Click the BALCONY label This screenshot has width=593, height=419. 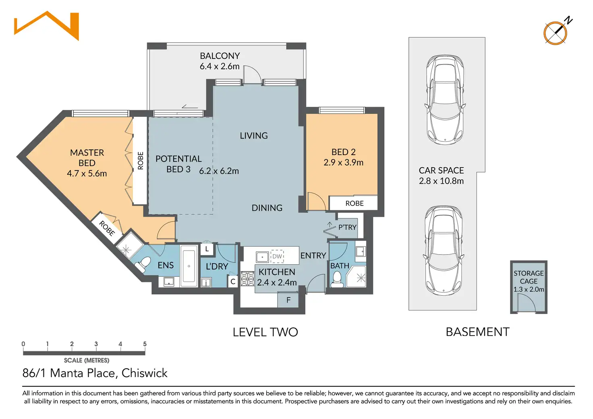(220, 56)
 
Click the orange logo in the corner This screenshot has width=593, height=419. (47, 26)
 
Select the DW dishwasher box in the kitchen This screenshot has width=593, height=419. (277, 256)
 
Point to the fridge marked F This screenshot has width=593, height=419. (288, 300)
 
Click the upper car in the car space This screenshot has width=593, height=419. (445, 100)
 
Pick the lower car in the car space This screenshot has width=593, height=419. (444, 251)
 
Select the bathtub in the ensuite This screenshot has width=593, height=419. (189, 266)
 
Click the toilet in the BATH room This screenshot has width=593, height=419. (337, 279)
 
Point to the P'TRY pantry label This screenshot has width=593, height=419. (347, 227)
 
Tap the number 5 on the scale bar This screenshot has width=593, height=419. (145, 344)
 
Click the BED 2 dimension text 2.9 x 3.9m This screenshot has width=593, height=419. (343, 162)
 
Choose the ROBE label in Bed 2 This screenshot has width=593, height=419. (355, 203)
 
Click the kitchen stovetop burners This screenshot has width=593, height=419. (247, 279)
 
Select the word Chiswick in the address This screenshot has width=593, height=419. (144, 373)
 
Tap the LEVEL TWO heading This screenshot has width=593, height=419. (265, 332)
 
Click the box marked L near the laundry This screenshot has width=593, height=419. (207, 249)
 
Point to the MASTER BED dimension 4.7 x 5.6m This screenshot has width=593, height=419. (87, 173)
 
